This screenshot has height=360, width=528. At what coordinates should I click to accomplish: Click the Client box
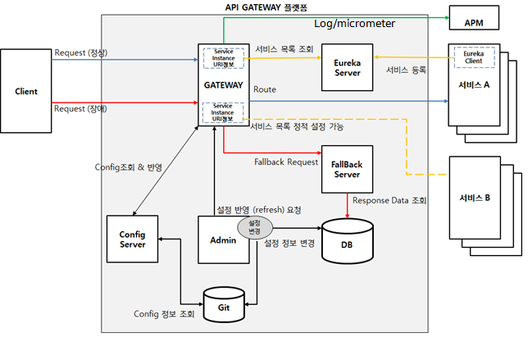click(26, 91)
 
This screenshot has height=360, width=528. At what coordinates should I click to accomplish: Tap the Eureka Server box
click(343, 68)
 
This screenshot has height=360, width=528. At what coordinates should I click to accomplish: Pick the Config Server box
click(132, 239)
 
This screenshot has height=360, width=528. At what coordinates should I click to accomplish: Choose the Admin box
click(224, 239)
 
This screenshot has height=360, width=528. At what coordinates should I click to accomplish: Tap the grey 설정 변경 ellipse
click(253, 226)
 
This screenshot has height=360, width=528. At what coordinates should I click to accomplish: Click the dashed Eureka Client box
click(474, 57)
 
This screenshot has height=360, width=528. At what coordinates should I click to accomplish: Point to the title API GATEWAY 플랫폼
click(266, 7)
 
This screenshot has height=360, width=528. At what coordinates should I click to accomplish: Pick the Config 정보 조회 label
click(164, 314)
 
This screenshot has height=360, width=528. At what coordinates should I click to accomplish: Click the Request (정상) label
click(81, 53)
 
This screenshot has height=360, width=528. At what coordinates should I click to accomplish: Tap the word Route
click(265, 89)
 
